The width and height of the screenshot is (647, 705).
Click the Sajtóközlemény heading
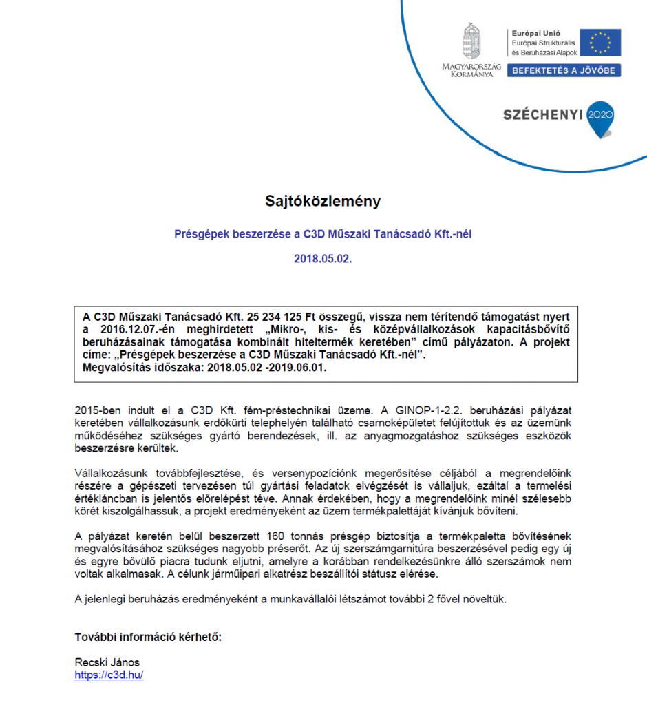point(323,201)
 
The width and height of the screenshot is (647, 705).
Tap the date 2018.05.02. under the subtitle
point(323,259)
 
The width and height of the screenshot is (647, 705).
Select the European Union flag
point(600,42)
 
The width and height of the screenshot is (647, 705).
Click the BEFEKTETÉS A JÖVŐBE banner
point(564,70)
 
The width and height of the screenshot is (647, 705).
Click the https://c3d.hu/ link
point(109,675)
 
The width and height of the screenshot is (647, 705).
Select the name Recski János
point(107,662)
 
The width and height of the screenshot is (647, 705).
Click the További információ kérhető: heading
point(148,637)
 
